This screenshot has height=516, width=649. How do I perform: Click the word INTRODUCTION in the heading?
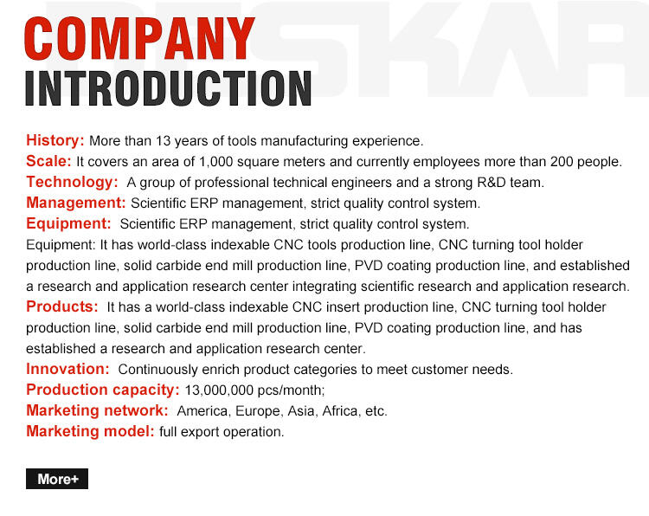169,88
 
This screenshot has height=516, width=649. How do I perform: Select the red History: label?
55,140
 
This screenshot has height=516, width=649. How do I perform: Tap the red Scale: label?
48,161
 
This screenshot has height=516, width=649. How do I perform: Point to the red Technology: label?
72,182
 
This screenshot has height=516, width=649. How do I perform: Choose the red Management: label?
76,203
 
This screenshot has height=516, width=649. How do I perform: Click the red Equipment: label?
68,224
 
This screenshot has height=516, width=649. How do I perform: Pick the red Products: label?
62,307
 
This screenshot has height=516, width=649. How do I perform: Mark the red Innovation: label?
67,369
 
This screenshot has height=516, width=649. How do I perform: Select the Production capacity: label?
103,390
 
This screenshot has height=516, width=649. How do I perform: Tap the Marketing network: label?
97,411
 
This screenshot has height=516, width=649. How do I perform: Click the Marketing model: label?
90,432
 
